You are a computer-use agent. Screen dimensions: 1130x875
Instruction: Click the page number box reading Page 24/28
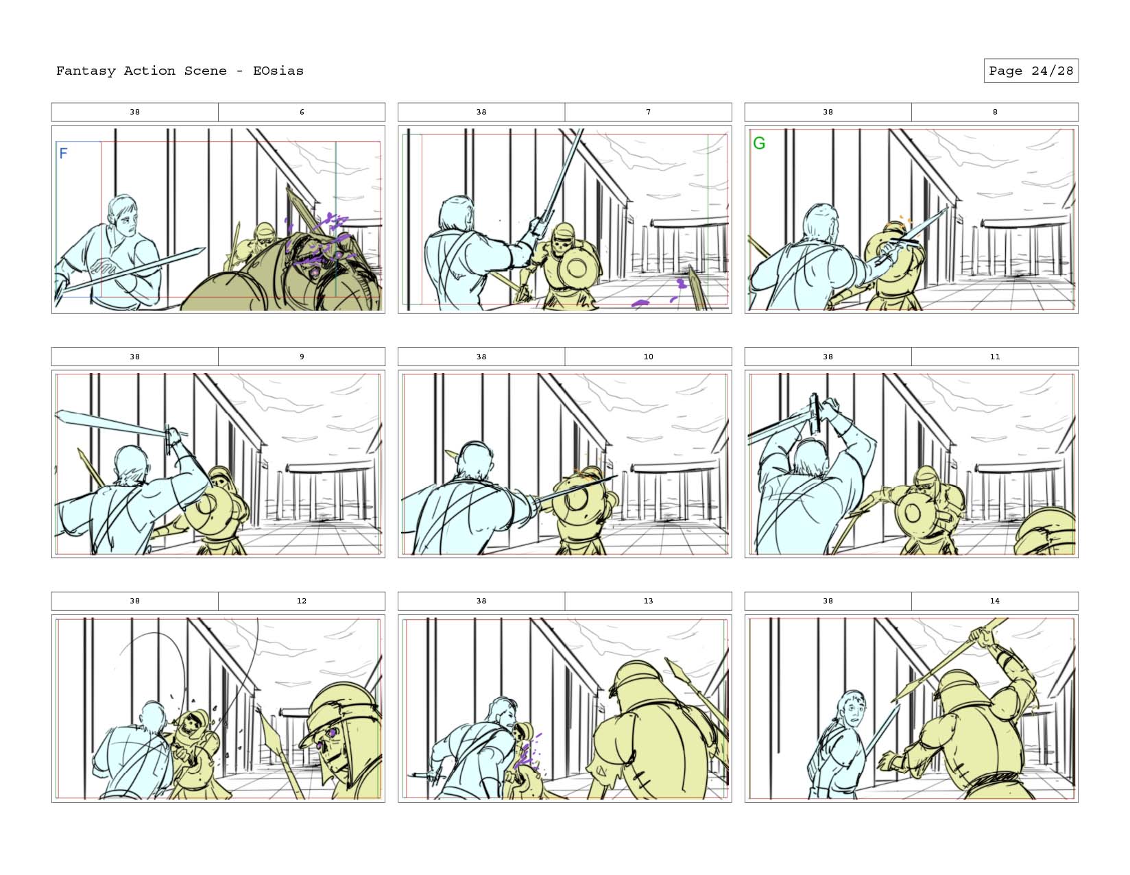coord(1031,71)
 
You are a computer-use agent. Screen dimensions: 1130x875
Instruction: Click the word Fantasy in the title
coord(86,71)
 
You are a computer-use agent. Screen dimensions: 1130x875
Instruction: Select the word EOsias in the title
coord(278,71)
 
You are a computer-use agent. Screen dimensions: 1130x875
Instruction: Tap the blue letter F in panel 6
coord(64,153)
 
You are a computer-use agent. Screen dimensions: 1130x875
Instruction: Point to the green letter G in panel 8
coord(759,143)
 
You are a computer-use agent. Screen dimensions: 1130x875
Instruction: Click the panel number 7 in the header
coord(648,112)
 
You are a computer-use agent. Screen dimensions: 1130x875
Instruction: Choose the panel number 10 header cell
coord(648,357)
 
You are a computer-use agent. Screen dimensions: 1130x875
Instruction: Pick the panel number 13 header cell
coord(648,601)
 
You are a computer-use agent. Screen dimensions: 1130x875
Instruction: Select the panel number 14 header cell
coord(994,601)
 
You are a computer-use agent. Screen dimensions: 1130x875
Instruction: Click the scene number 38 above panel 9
coord(134,357)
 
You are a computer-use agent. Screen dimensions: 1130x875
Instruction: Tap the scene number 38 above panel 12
coord(134,601)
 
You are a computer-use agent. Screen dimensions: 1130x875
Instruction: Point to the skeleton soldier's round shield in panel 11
coord(913,513)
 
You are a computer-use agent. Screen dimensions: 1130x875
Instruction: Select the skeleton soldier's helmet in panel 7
coord(563,230)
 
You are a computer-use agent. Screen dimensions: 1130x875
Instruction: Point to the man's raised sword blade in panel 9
coord(112,422)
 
